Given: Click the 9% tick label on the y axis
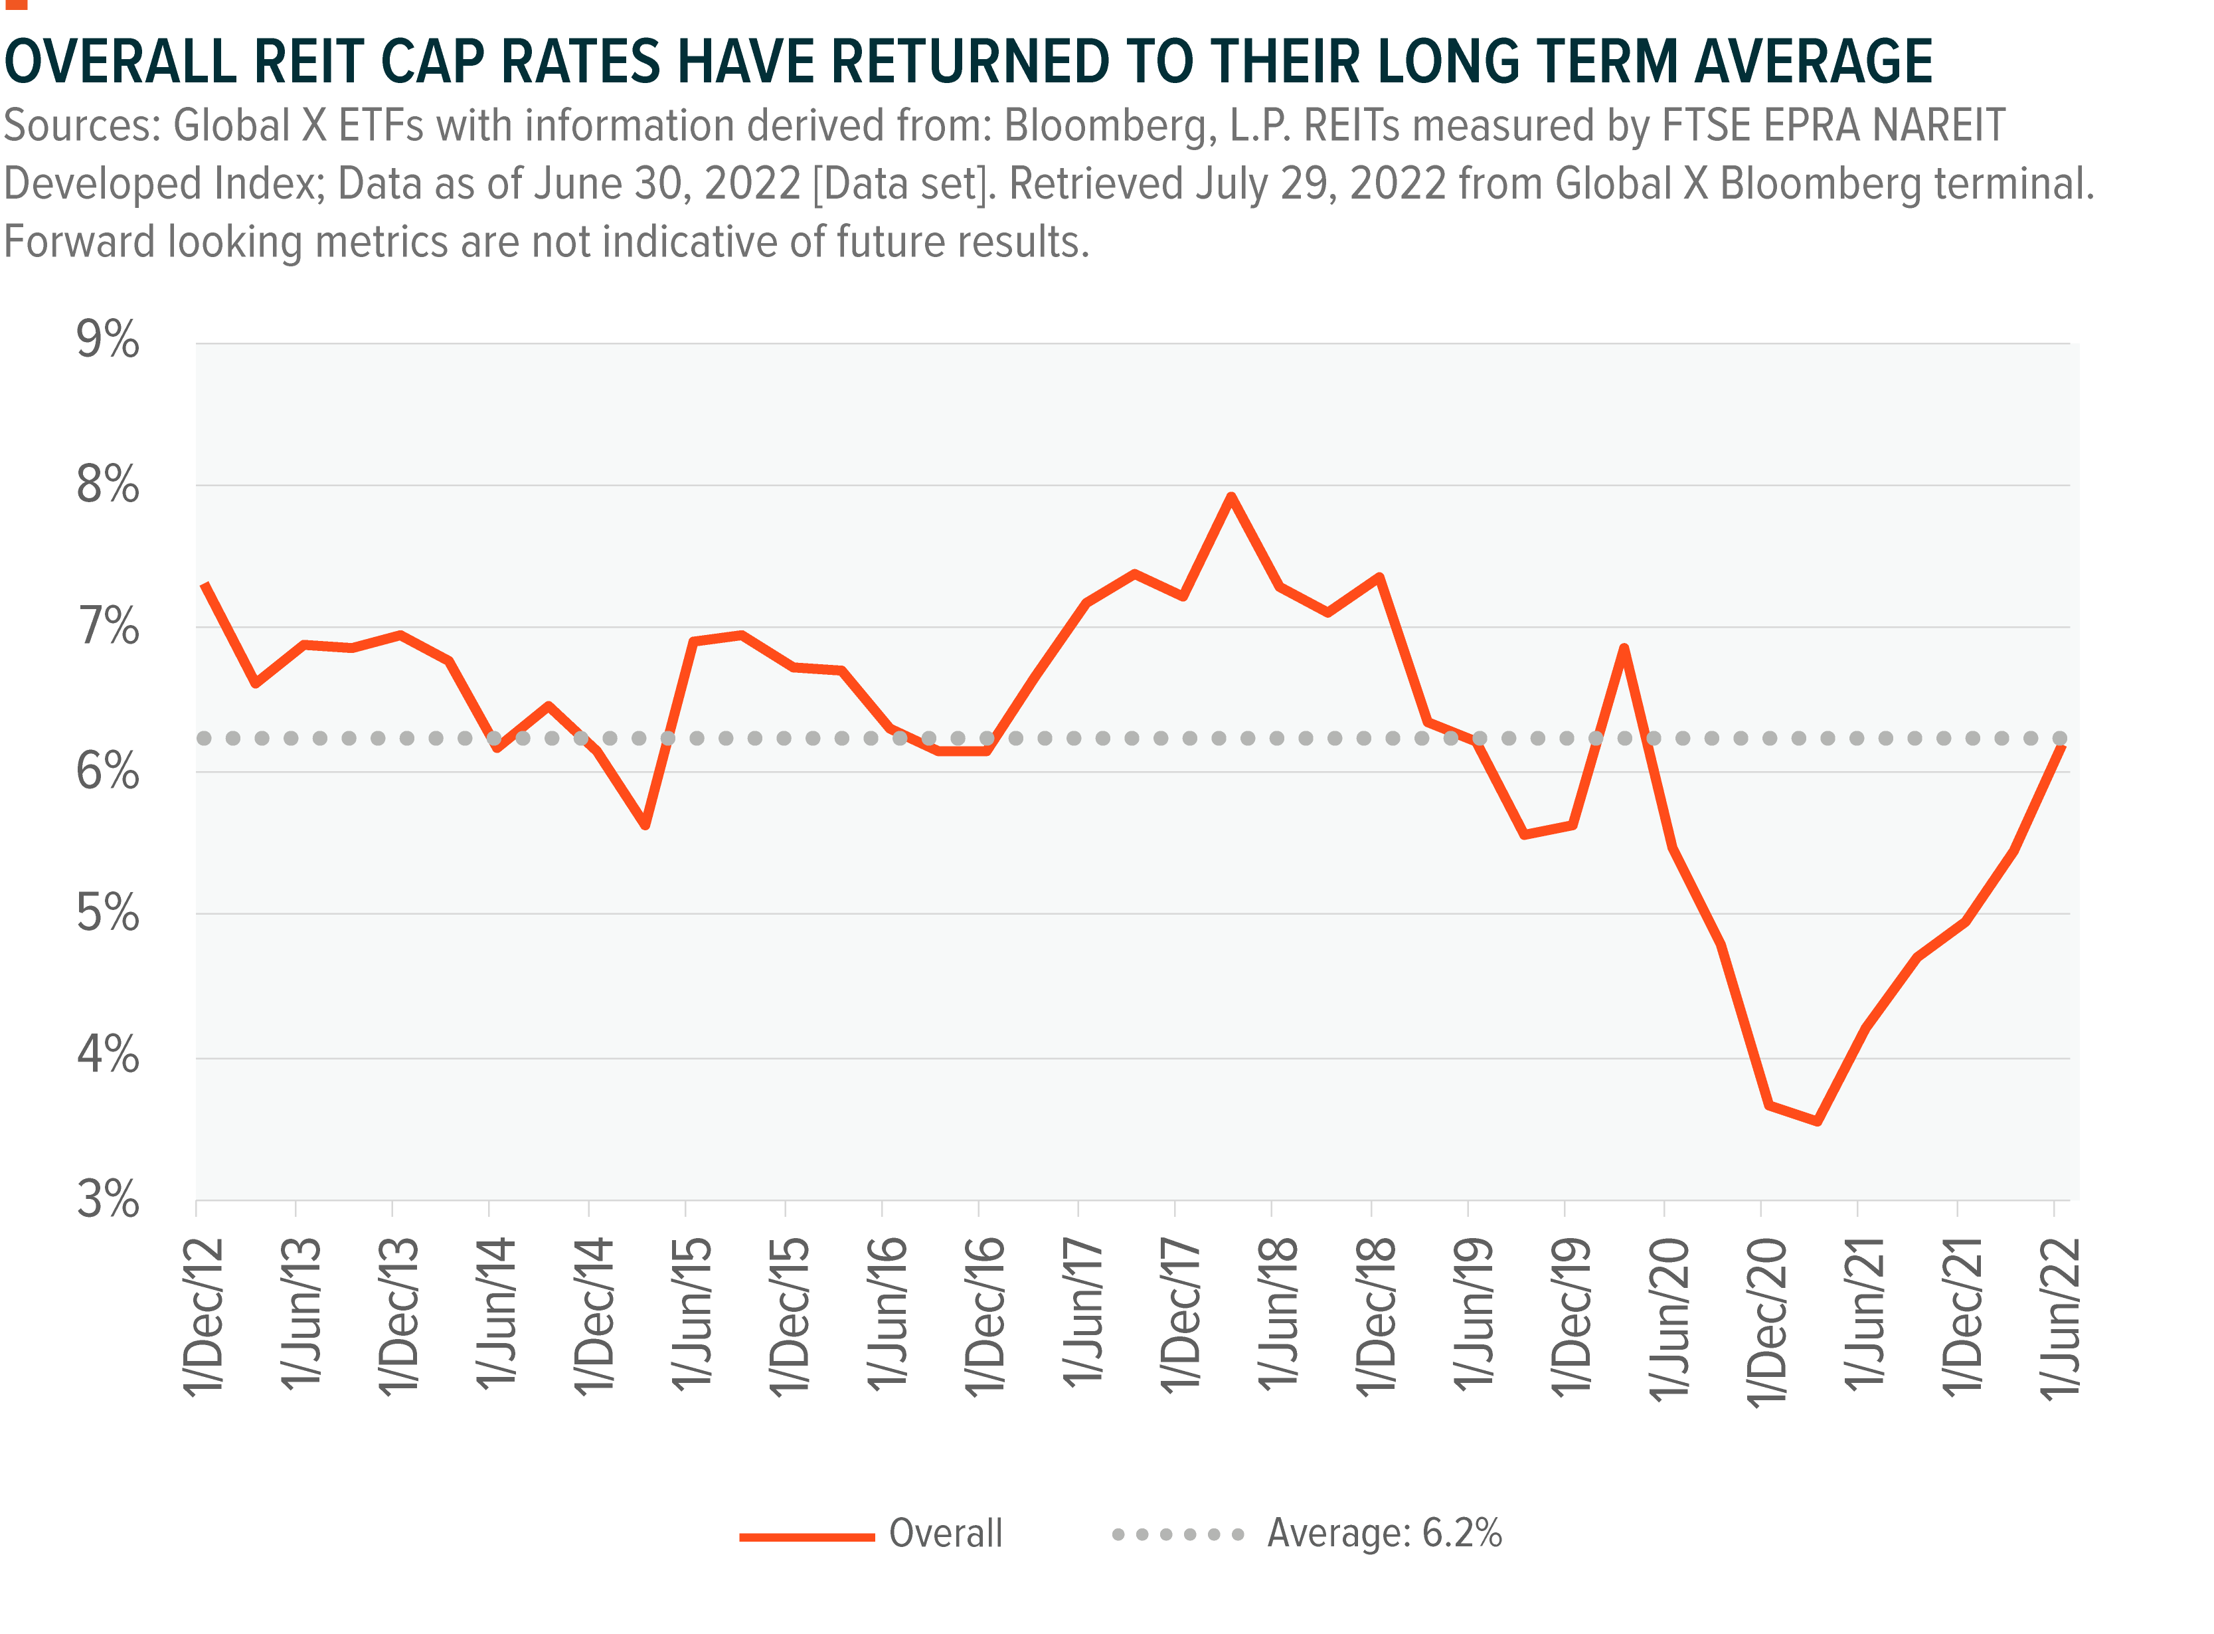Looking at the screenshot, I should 108,340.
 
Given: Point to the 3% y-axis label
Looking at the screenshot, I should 108,1200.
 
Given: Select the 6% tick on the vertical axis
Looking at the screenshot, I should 108,771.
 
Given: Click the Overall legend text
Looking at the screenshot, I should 946,1533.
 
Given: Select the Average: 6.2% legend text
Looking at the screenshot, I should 1385,1533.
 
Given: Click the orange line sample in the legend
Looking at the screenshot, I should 806,1536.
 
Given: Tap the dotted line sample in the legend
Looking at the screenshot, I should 1177,1535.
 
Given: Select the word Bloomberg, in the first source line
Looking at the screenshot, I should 1110,126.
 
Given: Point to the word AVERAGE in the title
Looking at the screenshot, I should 1814,61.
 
